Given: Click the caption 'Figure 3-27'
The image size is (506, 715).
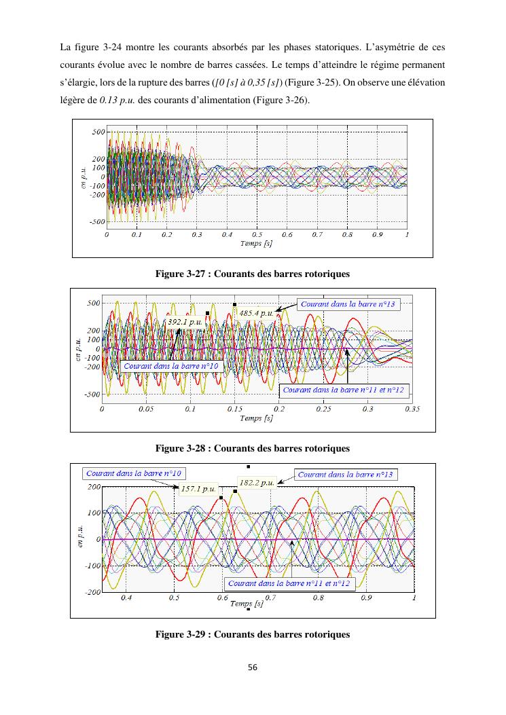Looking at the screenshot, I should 253,274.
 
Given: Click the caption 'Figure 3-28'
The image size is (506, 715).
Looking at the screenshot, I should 253,449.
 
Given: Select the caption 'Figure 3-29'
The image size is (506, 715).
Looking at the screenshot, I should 253,634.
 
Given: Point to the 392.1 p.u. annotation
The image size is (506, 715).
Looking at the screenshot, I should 184,321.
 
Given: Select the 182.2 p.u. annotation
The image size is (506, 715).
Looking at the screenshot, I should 257,483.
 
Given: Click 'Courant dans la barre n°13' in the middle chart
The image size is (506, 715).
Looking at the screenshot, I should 347,304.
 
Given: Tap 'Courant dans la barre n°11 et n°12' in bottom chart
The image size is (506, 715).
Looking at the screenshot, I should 290,583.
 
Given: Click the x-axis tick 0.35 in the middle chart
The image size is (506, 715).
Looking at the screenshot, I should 412,409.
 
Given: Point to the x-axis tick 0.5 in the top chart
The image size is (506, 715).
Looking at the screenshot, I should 257,234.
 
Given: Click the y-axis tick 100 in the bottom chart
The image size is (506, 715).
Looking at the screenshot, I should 93,513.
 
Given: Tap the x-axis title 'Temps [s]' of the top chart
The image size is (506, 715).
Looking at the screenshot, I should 257,243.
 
